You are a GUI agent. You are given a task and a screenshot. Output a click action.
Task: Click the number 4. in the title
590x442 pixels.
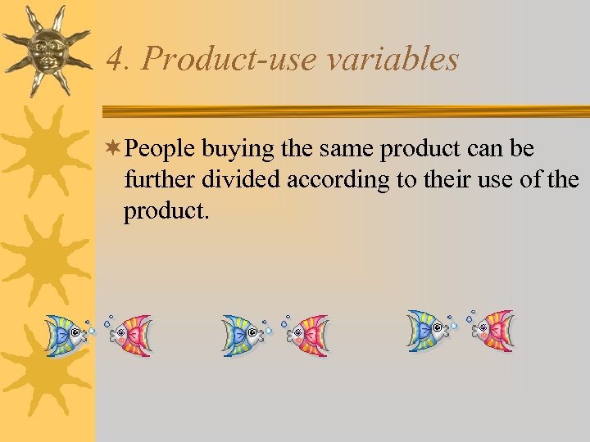point(118,60)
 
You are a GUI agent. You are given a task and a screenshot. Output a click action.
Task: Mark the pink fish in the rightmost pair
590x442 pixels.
point(494,331)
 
